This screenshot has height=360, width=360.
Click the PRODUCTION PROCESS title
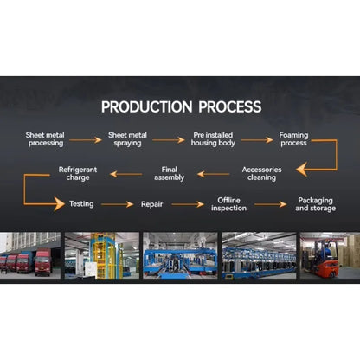point(181,106)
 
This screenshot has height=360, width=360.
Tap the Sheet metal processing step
point(45,139)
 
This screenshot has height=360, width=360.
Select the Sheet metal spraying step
point(127,139)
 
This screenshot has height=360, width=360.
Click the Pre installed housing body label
point(213,139)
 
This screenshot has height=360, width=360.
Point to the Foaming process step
point(293,139)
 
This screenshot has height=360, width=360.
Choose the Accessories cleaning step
point(261,174)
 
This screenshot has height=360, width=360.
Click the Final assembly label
point(170,174)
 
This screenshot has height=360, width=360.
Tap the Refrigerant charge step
point(78,174)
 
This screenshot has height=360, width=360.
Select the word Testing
point(81,204)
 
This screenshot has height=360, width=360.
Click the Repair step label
point(151,204)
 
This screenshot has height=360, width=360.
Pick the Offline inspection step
point(228,204)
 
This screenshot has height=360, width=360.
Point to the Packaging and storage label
point(315,204)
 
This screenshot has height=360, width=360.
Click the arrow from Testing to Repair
point(117,204)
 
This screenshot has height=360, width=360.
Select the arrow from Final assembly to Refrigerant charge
point(126,174)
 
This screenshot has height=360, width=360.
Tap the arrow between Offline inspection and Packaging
point(270,204)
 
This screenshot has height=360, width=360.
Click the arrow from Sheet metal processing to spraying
point(86,140)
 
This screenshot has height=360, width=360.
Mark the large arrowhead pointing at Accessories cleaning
point(302,170)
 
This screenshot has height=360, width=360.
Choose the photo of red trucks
point(30,255)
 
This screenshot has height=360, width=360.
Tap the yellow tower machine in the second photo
point(102,255)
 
